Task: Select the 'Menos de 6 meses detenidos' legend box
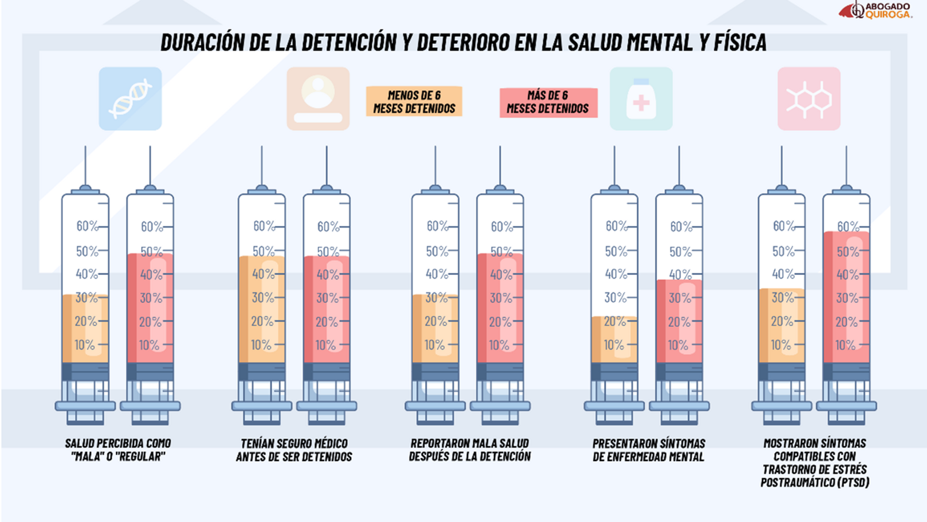pos(414,102)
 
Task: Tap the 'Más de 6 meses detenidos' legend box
pos(548,102)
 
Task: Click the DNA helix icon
pos(130,99)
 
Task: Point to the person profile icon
pos(318,99)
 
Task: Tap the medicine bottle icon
pos(641,99)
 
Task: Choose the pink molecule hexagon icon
pos(809,99)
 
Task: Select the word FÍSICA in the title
pos(740,42)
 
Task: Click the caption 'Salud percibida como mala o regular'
pos(118,450)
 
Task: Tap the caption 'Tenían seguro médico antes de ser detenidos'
pos(294,450)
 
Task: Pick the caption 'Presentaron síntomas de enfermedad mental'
pos(649,450)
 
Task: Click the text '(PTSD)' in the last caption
pos(853,483)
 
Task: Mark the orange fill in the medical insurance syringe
pos(261,309)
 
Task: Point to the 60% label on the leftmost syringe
pos(87,226)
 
